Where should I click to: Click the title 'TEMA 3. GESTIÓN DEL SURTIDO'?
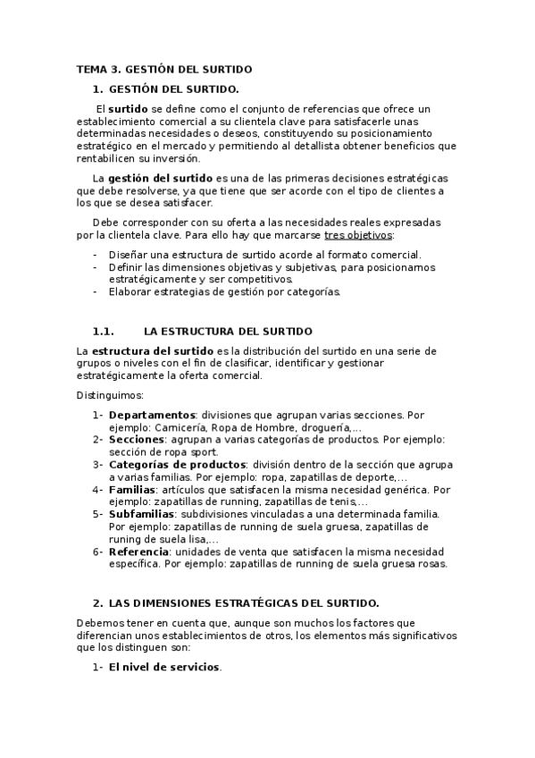tap(164, 69)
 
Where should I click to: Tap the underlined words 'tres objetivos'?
tap(357, 235)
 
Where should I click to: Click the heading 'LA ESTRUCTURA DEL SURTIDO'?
tap(228, 331)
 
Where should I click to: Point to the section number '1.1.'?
tap(105, 331)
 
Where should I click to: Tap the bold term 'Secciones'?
tap(136, 440)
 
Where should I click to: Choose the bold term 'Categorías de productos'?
tap(178, 465)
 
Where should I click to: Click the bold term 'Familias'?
tap(132, 490)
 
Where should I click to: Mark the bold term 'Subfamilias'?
tap(142, 514)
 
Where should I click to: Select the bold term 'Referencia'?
tap(139, 552)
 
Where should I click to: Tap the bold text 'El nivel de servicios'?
tap(164, 668)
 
